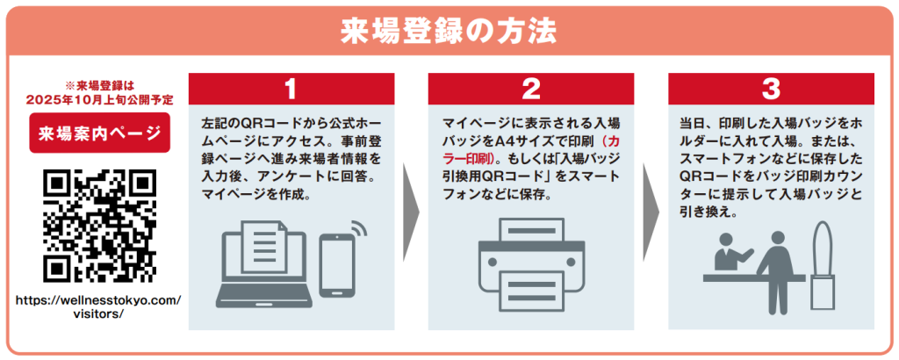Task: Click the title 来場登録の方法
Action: tap(449, 30)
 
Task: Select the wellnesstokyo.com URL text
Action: tap(99, 307)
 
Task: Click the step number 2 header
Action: tap(531, 88)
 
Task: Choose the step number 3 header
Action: tap(771, 88)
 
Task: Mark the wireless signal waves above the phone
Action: tap(356, 230)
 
